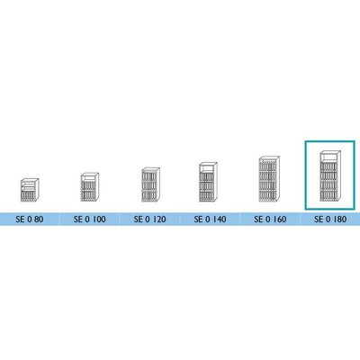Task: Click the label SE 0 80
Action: (x=30, y=220)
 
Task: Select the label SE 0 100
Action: (x=90, y=220)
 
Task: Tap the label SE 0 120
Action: (x=149, y=220)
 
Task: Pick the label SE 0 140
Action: (x=210, y=220)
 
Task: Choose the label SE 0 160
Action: (x=270, y=220)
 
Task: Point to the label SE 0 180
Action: (x=330, y=220)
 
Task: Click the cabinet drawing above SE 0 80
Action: (x=30, y=190)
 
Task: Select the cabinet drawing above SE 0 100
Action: (x=90, y=187)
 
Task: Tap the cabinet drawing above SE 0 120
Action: (x=150, y=184)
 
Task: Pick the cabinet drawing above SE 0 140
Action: (x=208, y=182)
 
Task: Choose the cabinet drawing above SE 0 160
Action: (x=269, y=179)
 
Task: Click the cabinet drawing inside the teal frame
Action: (x=329, y=176)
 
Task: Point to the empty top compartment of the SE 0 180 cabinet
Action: (x=328, y=158)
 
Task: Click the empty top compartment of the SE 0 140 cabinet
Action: (x=207, y=169)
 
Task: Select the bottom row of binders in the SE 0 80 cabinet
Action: (x=29, y=196)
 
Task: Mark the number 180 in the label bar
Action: (x=340, y=220)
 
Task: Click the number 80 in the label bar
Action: (x=39, y=220)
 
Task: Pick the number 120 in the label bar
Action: (x=159, y=220)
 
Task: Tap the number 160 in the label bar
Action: (x=280, y=220)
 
